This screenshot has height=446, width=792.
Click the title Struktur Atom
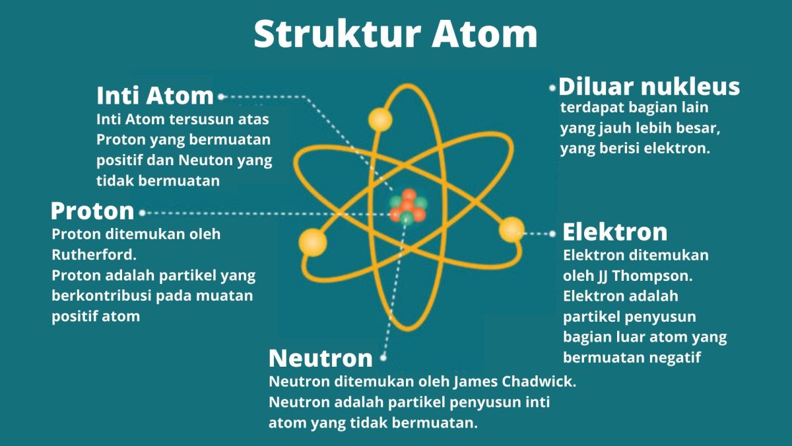pyautogui.click(x=395, y=34)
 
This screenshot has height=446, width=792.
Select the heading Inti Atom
pyautogui.click(x=155, y=96)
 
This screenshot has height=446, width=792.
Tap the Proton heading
pyautogui.click(x=92, y=211)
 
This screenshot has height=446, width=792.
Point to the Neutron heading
pyautogui.click(x=321, y=358)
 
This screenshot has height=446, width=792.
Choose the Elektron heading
pyautogui.click(x=614, y=232)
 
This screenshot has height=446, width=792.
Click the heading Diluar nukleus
pyautogui.click(x=649, y=87)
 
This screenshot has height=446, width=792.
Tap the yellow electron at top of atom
pyautogui.click(x=380, y=120)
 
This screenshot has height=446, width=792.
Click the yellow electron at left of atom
pyautogui.click(x=312, y=242)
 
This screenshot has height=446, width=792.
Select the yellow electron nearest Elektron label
pyautogui.click(x=511, y=229)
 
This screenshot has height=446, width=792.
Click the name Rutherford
pyautogui.click(x=85, y=254)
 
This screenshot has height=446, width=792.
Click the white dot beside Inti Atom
pyautogui.click(x=221, y=96)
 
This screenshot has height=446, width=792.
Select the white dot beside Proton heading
pyautogui.click(x=143, y=213)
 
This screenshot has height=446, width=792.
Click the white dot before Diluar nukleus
pyautogui.click(x=552, y=87)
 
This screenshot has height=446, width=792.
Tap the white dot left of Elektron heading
pyautogui.click(x=553, y=233)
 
